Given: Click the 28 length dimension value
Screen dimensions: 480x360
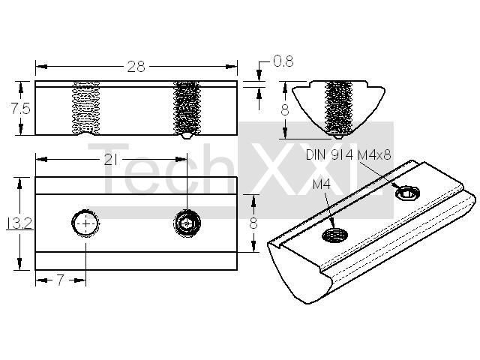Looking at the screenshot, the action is (x=136, y=67).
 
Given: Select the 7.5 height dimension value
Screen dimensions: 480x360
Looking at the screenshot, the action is (x=20, y=108).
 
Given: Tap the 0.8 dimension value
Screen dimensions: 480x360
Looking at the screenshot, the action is (x=283, y=61).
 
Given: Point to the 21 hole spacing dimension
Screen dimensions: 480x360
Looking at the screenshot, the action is (x=110, y=160).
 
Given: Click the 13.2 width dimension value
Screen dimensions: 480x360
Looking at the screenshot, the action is (x=19, y=223).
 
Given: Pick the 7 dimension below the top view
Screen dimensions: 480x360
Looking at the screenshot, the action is (x=61, y=280).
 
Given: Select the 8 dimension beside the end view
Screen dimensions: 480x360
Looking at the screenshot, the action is (x=285, y=110).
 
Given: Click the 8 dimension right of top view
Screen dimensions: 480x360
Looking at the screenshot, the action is (x=253, y=223).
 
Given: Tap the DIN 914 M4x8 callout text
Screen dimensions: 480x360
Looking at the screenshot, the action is (x=348, y=155).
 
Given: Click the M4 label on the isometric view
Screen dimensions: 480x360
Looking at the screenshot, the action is (x=322, y=184).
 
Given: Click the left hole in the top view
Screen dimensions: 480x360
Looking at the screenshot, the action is (x=85, y=223).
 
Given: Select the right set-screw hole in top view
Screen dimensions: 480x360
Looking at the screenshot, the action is (x=187, y=223).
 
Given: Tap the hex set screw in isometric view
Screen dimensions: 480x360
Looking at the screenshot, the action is (x=407, y=193).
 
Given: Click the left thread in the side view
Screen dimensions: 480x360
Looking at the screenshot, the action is (x=85, y=108).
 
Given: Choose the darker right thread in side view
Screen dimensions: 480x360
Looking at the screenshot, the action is (x=187, y=108).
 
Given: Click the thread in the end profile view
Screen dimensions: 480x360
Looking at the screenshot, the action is (x=339, y=108).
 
